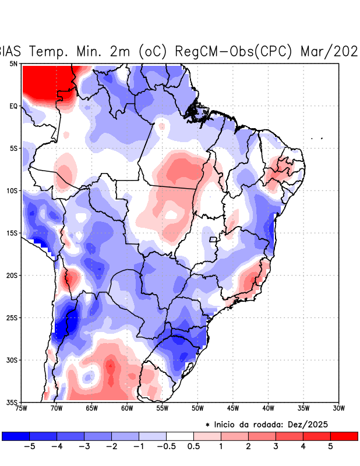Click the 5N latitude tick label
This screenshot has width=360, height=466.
[x=13, y=63]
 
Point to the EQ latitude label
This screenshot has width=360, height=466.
[x=13, y=106]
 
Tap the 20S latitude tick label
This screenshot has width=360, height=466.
[x=12, y=275]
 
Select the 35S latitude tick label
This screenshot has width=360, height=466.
[x=12, y=402]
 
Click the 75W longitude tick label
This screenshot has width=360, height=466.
[x=22, y=408]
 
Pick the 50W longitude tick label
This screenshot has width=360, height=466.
[x=197, y=408]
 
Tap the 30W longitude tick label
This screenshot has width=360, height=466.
[x=338, y=408]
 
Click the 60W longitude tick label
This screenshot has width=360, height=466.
[x=127, y=408]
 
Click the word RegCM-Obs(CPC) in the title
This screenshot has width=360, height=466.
[x=234, y=51]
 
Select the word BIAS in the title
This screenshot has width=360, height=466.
[x=10, y=51]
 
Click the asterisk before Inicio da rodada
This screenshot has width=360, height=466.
[x=207, y=425]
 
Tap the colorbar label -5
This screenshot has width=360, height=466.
[x=29, y=446]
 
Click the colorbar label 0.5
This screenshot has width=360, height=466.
[x=194, y=446]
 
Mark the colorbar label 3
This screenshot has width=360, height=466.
[x=276, y=446]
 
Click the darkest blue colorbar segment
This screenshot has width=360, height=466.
[x=16, y=436]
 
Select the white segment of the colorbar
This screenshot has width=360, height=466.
[x=180, y=436]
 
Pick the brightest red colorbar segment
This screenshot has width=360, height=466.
[x=344, y=436]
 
